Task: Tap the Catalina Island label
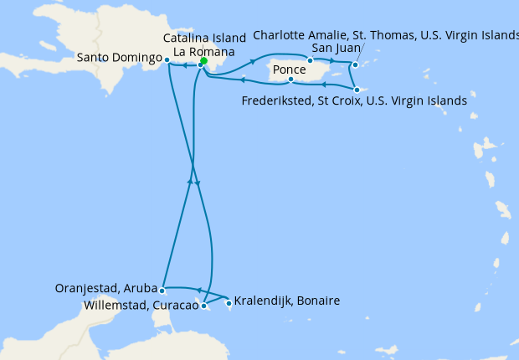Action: click(205, 38)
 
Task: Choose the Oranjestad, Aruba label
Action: click(104, 288)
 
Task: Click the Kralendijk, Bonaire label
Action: click(287, 301)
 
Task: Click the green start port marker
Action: click(203, 61)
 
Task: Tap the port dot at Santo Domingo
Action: click(167, 60)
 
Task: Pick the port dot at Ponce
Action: click(290, 80)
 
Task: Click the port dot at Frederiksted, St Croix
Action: click(356, 90)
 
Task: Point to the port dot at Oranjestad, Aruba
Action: click(162, 291)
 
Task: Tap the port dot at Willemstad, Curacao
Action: click(203, 306)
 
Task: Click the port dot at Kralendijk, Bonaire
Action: click(229, 303)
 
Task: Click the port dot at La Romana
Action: click(200, 65)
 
